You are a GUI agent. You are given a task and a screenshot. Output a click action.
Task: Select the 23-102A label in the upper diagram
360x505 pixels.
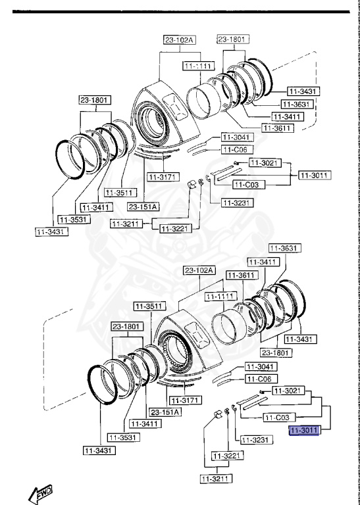(180, 41)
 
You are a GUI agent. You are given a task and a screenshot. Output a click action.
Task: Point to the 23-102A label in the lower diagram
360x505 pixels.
(198, 270)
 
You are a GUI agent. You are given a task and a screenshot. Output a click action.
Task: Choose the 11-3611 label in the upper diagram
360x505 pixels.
(278, 128)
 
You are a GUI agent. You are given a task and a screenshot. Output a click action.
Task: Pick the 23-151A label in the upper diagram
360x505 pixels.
(143, 207)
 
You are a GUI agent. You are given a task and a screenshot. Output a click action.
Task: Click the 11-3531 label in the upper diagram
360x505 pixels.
(73, 219)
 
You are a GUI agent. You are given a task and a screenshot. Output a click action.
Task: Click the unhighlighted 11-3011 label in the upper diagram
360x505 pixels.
(315, 176)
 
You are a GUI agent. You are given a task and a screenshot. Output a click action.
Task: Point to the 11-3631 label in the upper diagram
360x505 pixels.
(296, 104)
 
